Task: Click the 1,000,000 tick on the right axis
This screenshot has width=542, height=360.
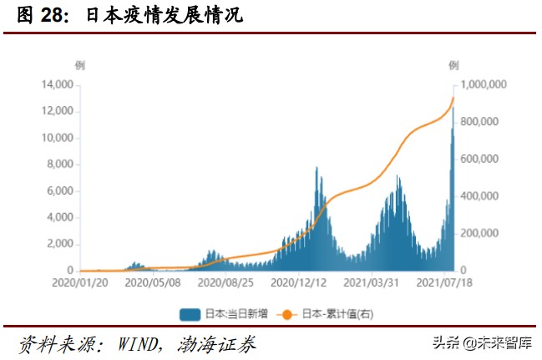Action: [x=484, y=84]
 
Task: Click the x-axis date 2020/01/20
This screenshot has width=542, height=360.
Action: [x=80, y=284]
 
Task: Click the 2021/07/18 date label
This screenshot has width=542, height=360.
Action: [x=451, y=284]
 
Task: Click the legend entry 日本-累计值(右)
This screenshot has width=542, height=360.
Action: [x=326, y=315]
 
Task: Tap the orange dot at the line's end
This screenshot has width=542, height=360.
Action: [x=453, y=98]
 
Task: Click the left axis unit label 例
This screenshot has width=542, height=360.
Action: [x=79, y=64]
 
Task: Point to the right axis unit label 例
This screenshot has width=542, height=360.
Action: [x=453, y=64]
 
